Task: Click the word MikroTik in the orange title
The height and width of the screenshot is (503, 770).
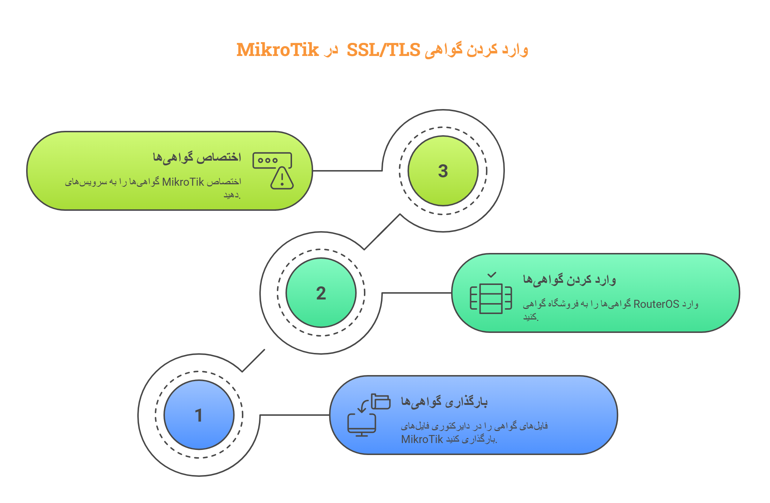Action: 277,50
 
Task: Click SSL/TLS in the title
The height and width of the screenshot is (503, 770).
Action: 383,50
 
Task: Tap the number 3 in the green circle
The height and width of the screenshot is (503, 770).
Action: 443,171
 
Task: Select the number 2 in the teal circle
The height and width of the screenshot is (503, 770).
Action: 321,293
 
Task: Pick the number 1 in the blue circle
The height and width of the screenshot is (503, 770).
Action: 198,415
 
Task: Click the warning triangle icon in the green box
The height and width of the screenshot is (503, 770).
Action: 282,179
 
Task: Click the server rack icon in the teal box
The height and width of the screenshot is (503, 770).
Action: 491,298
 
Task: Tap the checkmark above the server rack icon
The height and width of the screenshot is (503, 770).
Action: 492,275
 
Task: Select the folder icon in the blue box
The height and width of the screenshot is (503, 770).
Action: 381,402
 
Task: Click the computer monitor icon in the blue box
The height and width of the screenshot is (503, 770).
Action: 361,425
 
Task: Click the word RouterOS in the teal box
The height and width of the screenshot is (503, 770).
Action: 656,304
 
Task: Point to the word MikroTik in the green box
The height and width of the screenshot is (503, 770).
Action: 183,182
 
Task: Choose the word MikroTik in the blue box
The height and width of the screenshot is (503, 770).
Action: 422,439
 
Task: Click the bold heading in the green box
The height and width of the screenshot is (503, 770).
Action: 196,157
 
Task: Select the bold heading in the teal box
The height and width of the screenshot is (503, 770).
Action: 569,280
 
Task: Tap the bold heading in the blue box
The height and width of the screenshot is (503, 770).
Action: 444,402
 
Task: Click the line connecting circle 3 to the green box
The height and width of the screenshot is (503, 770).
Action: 347,170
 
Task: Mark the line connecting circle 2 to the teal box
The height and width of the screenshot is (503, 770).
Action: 417,293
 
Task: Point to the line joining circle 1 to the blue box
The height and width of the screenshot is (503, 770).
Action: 295,415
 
